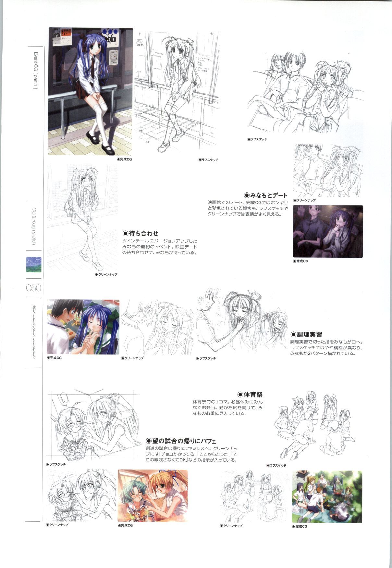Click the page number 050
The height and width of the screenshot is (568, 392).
(x=33, y=288)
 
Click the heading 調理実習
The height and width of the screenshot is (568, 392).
(x=306, y=334)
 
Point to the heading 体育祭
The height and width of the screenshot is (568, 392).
(x=250, y=395)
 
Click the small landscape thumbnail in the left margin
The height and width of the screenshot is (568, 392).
(x=33, y=265)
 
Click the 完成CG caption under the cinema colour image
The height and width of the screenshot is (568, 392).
(x=301, y=261)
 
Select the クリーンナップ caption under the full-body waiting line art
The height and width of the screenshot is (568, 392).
(x=106, y=275)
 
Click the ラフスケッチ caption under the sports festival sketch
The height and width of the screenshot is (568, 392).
(x=276, y=465)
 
